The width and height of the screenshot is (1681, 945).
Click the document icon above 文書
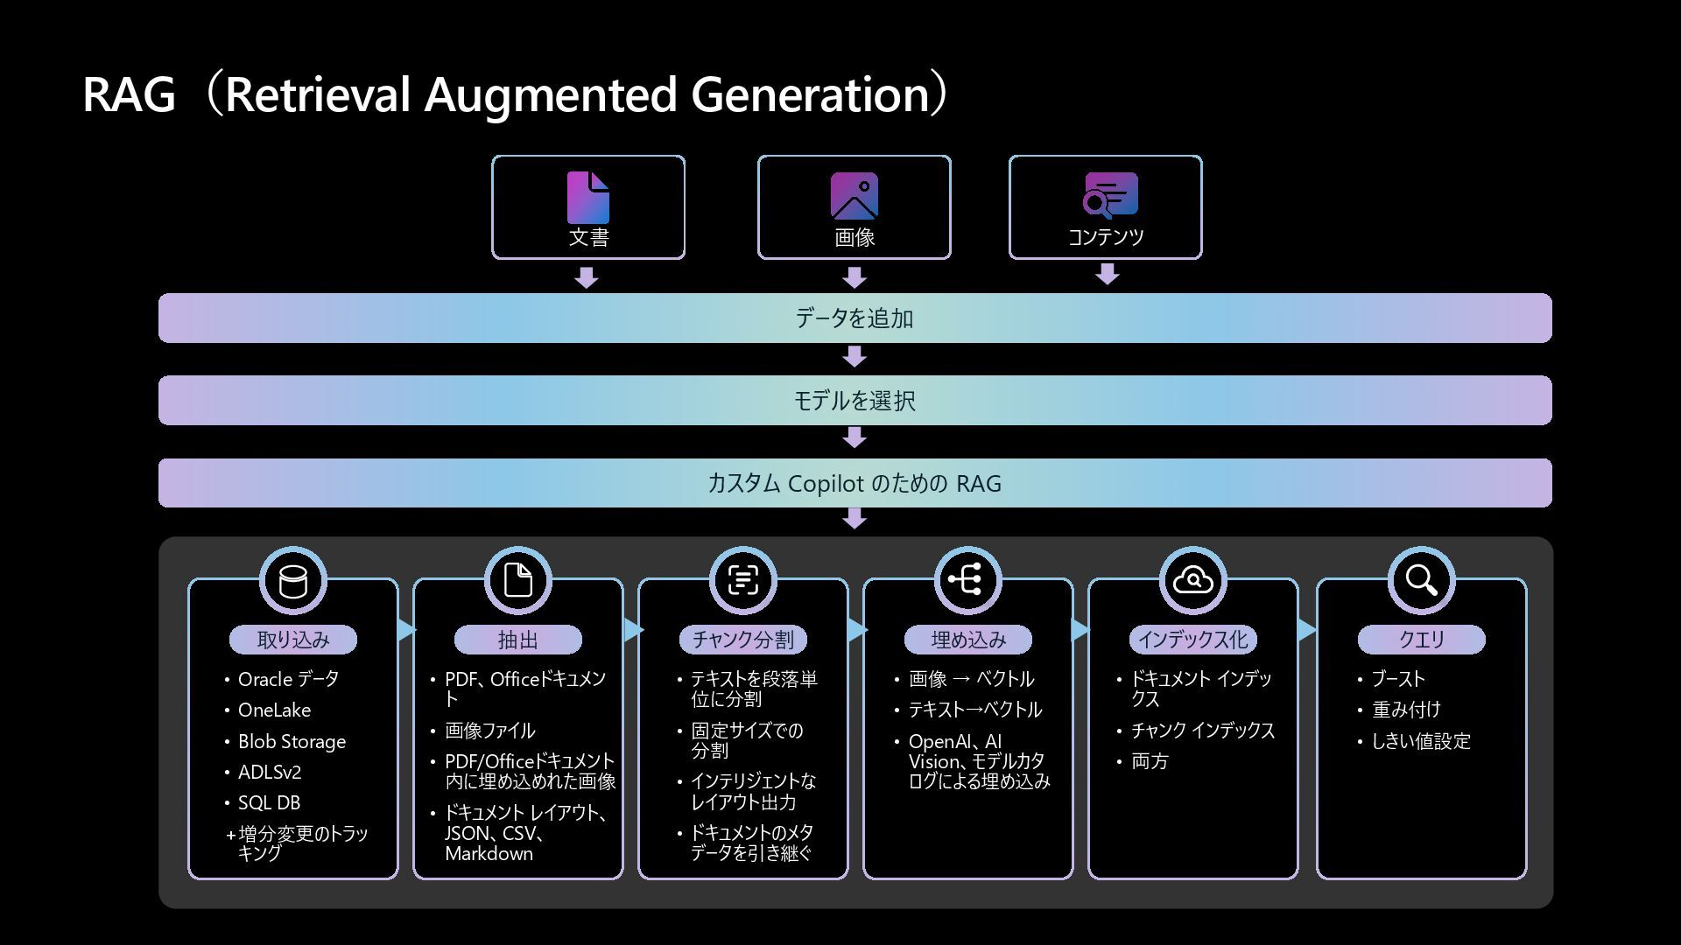588,197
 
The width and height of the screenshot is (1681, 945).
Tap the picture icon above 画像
854,195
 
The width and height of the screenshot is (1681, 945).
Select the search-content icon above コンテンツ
1110,195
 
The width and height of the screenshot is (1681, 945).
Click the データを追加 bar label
854,318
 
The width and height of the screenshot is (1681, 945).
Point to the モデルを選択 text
854,401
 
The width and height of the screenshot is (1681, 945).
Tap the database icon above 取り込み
293,581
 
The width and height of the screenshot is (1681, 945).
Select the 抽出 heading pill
517,640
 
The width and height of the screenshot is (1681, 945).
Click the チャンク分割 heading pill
742,640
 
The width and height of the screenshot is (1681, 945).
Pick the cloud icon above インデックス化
1192,580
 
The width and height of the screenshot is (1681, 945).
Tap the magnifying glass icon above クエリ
1420,580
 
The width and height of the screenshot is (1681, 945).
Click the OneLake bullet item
274,710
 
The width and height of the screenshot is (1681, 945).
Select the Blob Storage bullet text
292,742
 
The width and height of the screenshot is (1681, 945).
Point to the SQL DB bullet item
269,803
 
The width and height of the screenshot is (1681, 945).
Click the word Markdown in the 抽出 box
489,854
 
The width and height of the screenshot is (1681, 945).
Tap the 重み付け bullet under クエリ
1406,710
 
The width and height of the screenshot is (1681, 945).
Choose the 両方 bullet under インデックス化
1150,761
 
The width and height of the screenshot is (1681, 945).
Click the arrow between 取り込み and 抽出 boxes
406,630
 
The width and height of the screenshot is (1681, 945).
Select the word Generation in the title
810,94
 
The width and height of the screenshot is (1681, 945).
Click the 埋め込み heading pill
968,640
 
